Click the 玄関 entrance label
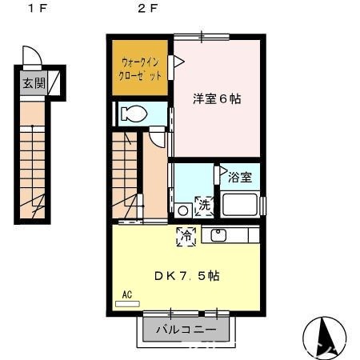click(x=33, y=82)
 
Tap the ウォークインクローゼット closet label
click(x=139, y=66)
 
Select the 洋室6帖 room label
click(x=216, y=99)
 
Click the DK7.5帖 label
click(x=187, y=275)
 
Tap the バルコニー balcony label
click(x=186, y=329)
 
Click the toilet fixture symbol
click(x=135, y=114)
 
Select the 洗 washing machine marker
click(x=204, y=205)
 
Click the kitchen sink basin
click(x=218, y=235)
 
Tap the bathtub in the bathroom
click(x=240, y=205)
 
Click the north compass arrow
click(x=325, y=335)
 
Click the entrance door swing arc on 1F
click(x=30, y=56)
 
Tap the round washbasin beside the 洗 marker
click(x=183, y=210)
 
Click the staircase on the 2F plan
click(x=126, y=176)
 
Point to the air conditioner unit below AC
click(x=127, y=304)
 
